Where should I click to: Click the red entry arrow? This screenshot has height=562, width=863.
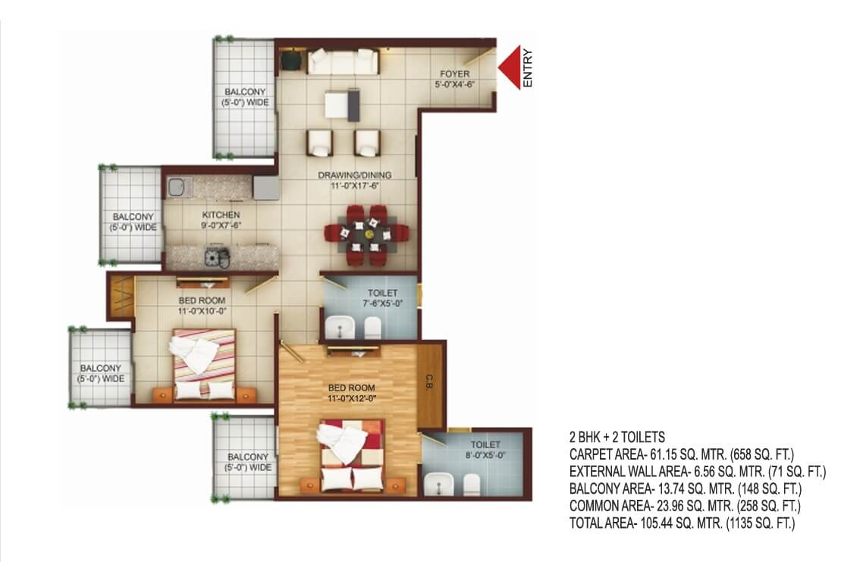pos(510,67)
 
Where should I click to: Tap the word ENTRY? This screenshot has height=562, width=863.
pos(528,68)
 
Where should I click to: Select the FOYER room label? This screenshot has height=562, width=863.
pos(454,74)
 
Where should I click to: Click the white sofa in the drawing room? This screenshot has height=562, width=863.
pos(343,61)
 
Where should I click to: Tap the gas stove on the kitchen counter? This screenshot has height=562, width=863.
pos(217,257)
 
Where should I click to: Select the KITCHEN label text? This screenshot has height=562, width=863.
pos(221,215)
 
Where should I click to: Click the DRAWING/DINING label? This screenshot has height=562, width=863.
pos(355,175)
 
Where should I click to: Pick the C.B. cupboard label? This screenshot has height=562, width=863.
pos(429,382)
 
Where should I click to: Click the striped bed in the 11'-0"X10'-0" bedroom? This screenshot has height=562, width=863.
pos(205,363)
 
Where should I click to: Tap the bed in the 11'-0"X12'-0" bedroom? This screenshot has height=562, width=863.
pos(352,455)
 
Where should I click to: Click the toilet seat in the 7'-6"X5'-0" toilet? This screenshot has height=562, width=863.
pos(372,328)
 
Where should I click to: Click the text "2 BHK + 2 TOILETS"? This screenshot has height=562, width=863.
pos(617,437)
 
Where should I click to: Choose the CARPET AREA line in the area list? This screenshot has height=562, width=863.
pos(682,454)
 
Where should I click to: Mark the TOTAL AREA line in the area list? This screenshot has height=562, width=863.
pos(682,523)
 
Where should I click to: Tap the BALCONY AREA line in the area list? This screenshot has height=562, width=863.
pos(686,488)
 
